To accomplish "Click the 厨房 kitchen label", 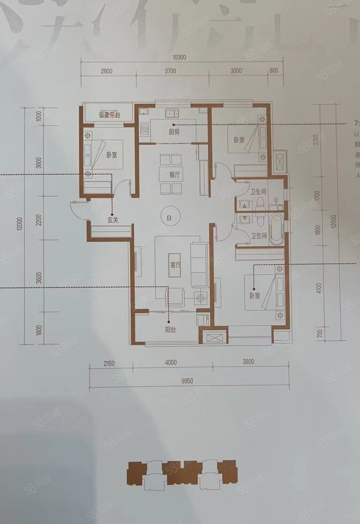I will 174,132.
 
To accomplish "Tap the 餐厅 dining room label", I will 174,175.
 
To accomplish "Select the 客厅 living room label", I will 175,265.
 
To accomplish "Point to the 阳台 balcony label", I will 170,329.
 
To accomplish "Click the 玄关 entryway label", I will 112,220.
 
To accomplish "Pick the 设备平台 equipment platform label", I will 110,115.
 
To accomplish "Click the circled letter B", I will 169,217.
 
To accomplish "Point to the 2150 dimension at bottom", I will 109,362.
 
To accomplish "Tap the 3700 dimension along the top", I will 170,70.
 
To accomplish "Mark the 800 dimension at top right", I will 274,70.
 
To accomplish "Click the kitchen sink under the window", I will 171,113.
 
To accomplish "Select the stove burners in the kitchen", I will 145,129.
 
